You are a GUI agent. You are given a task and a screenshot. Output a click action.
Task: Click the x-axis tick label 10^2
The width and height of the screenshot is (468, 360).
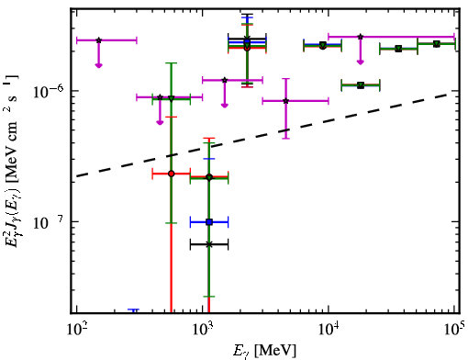pyautogui.click(x=77, y=331)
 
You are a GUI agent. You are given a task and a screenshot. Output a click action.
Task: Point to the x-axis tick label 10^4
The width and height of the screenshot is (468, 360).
pyautogui.click(x=329, y=331)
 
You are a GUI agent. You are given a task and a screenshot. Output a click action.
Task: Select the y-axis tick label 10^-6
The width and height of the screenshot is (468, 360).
pyautogui.click(x=48, y=91)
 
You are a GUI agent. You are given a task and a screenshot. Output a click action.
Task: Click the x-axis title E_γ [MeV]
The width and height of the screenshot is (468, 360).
pyautogui.click(x=264, y=352)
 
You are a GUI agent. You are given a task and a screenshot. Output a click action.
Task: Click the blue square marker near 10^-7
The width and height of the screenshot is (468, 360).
pyautogui.click(x=209, y=222)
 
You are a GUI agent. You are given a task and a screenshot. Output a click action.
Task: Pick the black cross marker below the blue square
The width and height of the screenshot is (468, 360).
pyautogui.click(x=209, y=244)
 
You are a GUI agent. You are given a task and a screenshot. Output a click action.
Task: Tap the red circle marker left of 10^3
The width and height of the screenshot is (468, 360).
pyautogui.click(x=172, y=174)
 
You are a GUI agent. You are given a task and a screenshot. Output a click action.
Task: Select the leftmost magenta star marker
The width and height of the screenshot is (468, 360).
pyautogui.click(x=98, y=40)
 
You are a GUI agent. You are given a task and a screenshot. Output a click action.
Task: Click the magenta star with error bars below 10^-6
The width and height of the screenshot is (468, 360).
pyautogui.click(x=286, y=101)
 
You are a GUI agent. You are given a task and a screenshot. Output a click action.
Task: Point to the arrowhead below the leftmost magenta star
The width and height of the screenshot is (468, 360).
pyautogui.click(x=98, y=65)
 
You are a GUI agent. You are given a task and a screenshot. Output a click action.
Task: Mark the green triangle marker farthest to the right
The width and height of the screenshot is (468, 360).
pyautogui.click(x=437, y=44)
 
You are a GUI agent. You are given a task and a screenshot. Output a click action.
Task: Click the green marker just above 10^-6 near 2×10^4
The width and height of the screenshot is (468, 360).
pyautogui.click(x=361, y=85)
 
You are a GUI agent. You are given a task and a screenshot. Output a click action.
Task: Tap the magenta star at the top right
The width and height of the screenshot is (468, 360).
pyautogui.click(x=361, y=37)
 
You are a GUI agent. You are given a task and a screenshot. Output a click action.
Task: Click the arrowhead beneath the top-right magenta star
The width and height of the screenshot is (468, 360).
pyautogui.click(x=361, y=62)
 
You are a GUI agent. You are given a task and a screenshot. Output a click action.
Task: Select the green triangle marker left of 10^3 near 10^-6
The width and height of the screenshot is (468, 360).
pyautogui.click(x=172, y=98)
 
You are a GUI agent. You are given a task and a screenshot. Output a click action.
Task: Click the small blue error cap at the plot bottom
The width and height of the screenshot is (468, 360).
pyautogui.click(x=133, y=310)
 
